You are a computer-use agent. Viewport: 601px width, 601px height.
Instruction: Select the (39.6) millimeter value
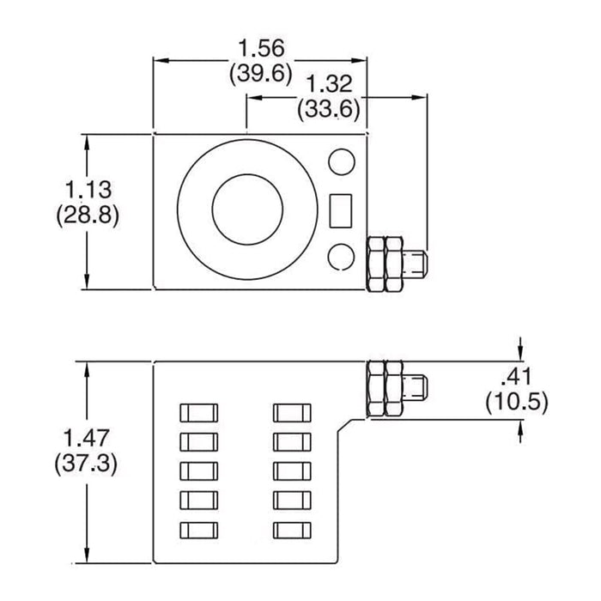(x=262, y=75)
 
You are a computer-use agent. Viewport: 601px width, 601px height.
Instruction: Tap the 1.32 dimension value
(x=329, y=83)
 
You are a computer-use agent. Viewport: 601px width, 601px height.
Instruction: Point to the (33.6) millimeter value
(x=329, y=109)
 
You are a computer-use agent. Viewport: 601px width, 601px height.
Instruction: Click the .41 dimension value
(x=517, y=375)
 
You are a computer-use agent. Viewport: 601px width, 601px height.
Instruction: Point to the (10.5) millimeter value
(x=517, y=402)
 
